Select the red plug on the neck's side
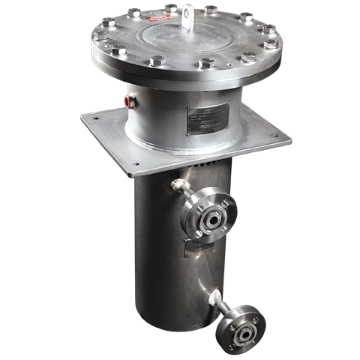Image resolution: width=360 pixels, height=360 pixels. (x=128, y=97)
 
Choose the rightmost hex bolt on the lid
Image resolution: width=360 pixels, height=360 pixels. (x=271, y=43)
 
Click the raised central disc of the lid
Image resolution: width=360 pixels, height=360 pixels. (x=184, y=34)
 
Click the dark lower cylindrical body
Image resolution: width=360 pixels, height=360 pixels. (x=161, y=255)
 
